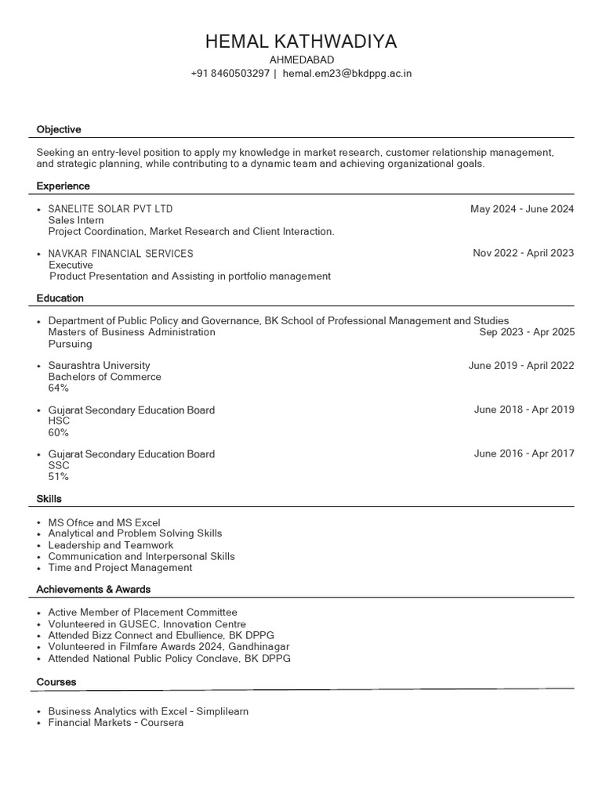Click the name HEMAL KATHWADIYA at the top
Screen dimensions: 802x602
pos(301,42)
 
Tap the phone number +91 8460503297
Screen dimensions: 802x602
pos(230,74)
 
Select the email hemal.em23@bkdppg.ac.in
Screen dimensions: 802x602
pos(347,74)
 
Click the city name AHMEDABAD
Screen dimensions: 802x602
pos(301,60)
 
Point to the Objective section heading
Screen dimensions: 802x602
pos(59,129)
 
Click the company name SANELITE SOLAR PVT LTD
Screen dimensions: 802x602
pos(111,209)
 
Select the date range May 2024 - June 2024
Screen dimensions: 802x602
pos(522,209)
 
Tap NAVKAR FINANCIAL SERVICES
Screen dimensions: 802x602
pos(121,254)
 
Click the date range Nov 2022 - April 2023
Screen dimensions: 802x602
pos(523,253)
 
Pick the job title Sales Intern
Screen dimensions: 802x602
pos(76,221)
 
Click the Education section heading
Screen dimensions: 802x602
pos(60,298)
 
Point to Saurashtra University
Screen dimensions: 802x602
pos(99,366)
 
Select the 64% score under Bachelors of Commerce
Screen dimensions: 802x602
pos(59,388)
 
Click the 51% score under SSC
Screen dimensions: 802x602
pos(59,476)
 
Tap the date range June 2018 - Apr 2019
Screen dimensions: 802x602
pos(524,410)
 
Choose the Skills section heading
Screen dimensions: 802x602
pos(49,499)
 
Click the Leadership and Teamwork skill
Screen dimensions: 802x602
pos(111,545)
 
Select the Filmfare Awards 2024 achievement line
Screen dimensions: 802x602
pos(169,647)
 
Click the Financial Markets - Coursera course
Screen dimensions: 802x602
pos(116,723)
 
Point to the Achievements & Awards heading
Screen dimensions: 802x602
pos(93,589)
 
